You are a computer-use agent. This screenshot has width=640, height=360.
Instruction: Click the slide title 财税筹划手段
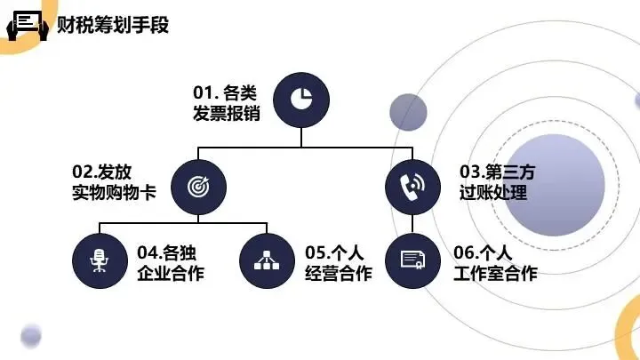(113, 23)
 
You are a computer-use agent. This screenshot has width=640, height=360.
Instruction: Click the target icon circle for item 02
(198, 187)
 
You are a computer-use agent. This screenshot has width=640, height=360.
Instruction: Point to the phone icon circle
(412, 187)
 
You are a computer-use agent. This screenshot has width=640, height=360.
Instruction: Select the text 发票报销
(227, 114)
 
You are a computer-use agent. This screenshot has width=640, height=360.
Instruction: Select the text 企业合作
(171, 273)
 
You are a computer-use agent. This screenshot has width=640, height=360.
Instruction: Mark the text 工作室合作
(494, 273)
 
